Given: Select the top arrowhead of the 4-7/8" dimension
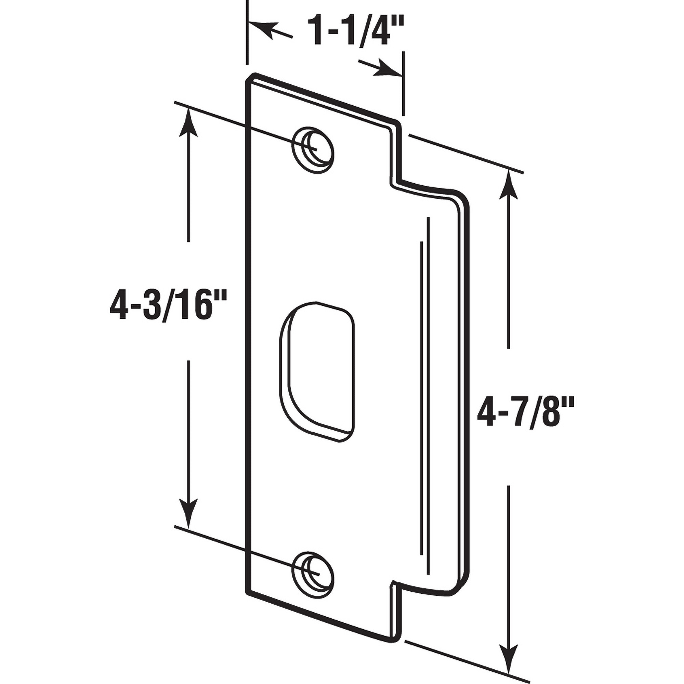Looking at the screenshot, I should pos(509,184).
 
